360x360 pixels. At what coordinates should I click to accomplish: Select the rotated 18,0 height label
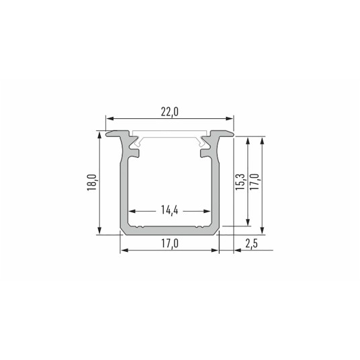(x=91, y=183)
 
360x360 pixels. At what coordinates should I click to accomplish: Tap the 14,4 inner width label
(x=169, y=210)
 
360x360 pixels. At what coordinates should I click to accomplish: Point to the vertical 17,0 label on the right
(x=255, y=182)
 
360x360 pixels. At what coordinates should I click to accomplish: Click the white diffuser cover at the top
(x=169, y=135)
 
